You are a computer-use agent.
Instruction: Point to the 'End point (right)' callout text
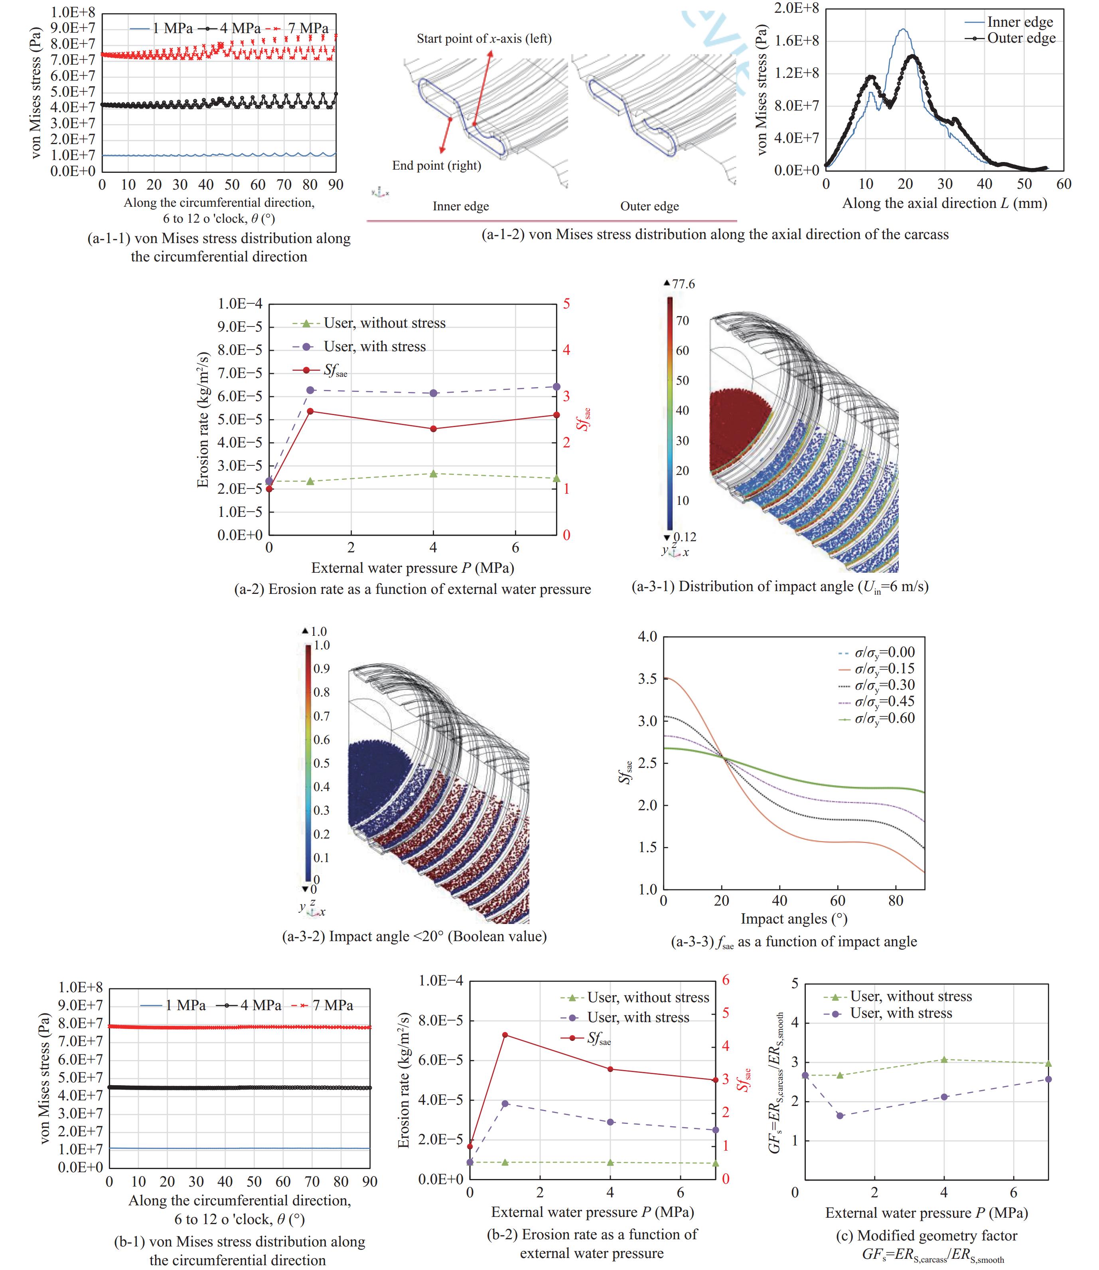click(x=437, y=166)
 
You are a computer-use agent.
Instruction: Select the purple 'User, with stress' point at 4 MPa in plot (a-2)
click(x=434, y=393)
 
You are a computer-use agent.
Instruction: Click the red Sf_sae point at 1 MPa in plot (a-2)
click(x=310, y=411)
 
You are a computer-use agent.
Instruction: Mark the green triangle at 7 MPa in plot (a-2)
click(x=557, y=478)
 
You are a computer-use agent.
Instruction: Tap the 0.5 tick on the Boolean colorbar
click(x=322, y=763)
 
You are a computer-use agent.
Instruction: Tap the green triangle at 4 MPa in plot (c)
click(x=945, y=1060)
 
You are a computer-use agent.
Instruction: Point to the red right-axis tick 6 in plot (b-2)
click(x=726, y=980)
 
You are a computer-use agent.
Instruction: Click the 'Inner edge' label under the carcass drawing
click(x=461, y=206)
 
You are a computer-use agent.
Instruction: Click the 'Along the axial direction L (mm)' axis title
click(x=945, y=203)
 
